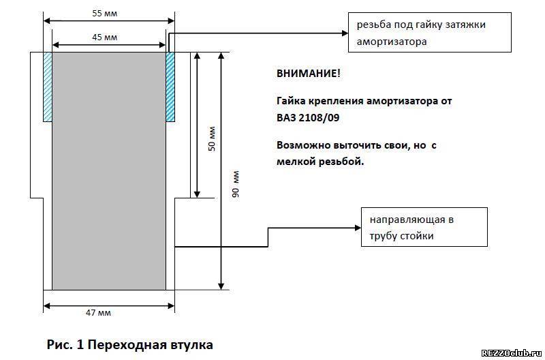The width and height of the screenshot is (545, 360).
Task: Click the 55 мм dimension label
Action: (105, 14)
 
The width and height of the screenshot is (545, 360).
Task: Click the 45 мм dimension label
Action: (105, 37)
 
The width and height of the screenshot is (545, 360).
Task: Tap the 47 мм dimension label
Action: (98, 313)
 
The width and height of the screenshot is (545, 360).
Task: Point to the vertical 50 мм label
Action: (212, 139)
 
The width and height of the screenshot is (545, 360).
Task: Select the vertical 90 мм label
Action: (236, 184)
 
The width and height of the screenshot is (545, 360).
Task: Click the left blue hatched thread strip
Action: (48, 87)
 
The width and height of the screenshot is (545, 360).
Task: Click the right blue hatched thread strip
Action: (170, 87)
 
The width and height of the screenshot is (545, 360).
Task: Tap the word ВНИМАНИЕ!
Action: (309, 74)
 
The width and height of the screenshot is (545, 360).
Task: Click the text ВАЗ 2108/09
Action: (308, 118)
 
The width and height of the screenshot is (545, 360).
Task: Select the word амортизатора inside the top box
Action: (392, 42)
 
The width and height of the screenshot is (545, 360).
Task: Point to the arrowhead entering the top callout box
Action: (345, 33)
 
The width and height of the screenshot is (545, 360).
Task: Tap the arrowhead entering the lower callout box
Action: (358, 228)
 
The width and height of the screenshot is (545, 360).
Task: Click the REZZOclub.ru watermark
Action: (512, 353)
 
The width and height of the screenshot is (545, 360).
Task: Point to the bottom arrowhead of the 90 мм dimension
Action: (221, 286)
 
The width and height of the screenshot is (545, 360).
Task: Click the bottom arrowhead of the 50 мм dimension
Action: (197, 194)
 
